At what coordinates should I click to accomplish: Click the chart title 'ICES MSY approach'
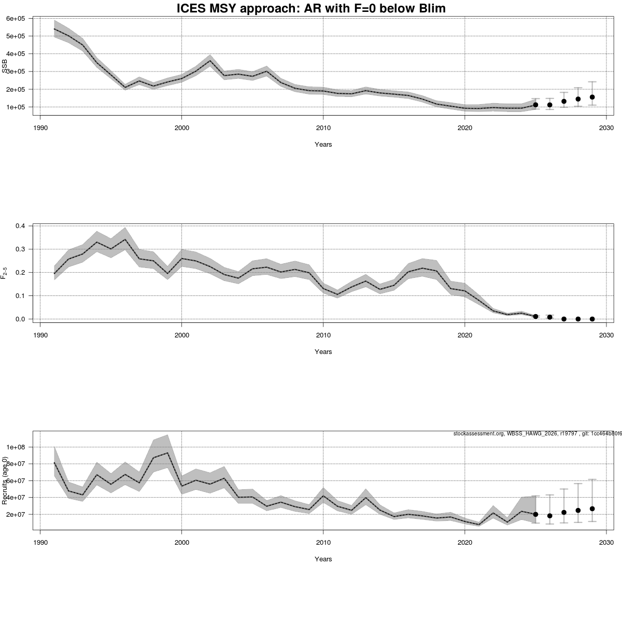click(311, 8)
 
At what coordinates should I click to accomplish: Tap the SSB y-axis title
click(5, 66)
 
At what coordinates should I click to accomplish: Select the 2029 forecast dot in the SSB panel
click(592, 97)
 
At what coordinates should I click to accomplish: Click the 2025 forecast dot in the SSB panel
click(535, 105)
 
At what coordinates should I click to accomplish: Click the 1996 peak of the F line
click(125, 239)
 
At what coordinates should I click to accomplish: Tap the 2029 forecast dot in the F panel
click(592, 319)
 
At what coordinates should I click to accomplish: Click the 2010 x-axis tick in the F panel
click(323, 334)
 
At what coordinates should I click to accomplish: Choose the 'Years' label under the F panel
click(323, 352)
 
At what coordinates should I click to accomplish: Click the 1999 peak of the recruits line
click(167, 453)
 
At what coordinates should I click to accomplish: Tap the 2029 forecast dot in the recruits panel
click(592, 508)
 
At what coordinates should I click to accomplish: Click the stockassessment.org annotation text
click(536, 433)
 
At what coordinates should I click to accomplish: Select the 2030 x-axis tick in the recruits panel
click(606, 542)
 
